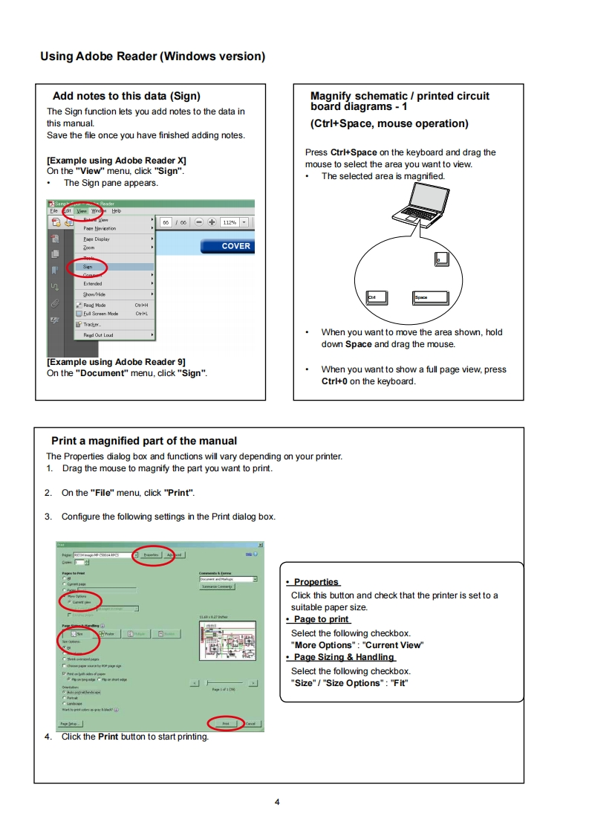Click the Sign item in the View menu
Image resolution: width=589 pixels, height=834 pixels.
[88, 266]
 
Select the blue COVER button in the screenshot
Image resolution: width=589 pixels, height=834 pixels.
[227, 246]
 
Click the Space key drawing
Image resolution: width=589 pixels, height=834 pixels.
[431, 298]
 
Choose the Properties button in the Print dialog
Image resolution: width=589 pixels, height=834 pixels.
[151, 555]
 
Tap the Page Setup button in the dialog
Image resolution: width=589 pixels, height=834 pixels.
[71, 723]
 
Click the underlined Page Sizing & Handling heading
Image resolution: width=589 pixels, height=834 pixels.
[344, 657]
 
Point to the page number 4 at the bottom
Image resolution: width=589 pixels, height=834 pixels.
[277, 802]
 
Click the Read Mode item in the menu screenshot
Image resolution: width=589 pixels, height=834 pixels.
[94, 305]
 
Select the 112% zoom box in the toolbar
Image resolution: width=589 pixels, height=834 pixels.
[230, 222]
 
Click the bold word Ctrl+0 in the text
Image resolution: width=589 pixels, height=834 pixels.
[334, 381]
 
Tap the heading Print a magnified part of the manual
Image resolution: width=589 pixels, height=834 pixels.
[144, 441]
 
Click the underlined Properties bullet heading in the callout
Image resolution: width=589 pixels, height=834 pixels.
[316, 582]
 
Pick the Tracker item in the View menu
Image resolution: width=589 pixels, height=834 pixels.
[92, 324]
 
